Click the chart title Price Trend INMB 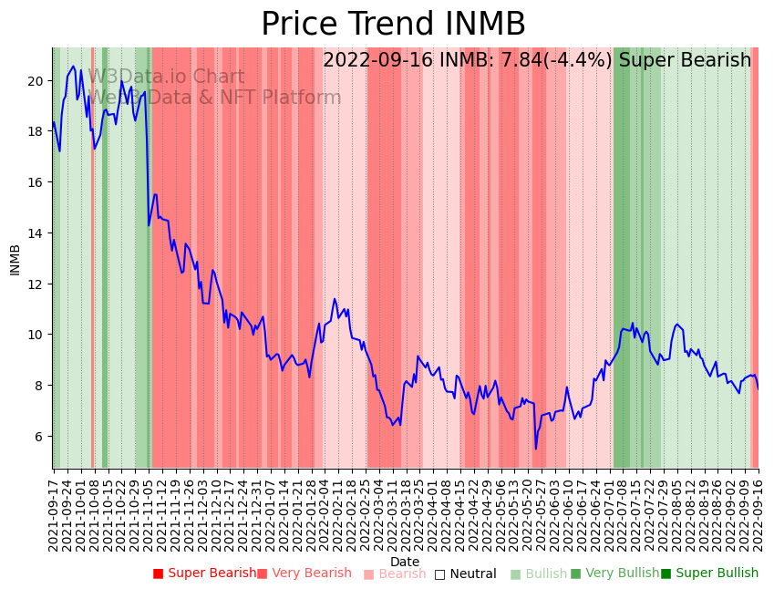pyautogui.click(x=393, y=24)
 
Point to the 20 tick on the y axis pyautogui.click(x=36, y=81)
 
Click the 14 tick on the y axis pyautogui.click(x=36, y=233)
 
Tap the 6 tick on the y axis pyautogui.click(x=39, y=437)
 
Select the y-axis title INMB pyautogui.click(x=15, y=259)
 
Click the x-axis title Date pyautogui.click(x=405, y=562)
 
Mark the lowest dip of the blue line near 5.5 pyautogui.click(x=536, y=449)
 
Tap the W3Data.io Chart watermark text pyautogui.click(x=166, y=77)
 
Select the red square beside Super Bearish pyautogui.click(x=158, y=573)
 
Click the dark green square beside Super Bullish pyautogui.click(x=666, y=573)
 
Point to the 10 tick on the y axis pyautogui.click(x=36, y=335)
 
